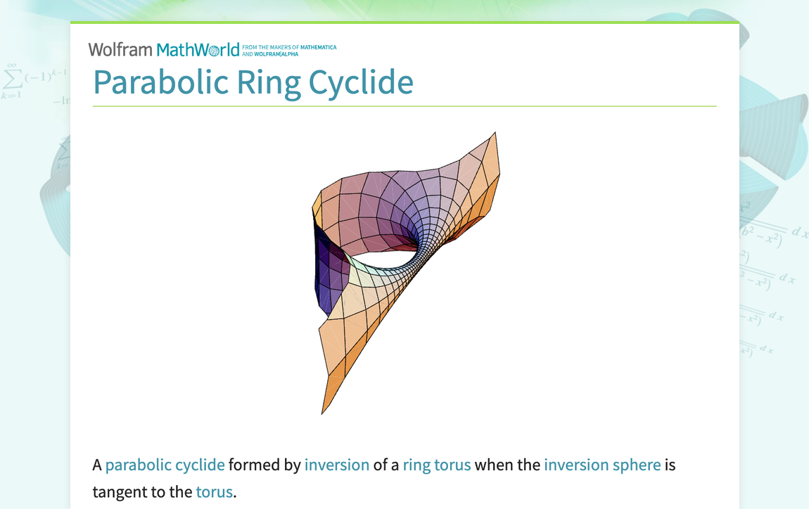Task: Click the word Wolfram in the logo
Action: pyautogui.click(x=120, y=50)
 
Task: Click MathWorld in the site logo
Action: pyautogui.click(x=198, y=50)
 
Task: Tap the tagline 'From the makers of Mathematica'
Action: pyautogui.click(x=288, y=47)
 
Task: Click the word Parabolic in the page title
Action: pyautogui.click(x=160, y=82)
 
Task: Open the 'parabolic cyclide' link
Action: pyautogui.click(x=165, y=465)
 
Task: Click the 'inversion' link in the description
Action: pyautogui.click(x=336, y=465)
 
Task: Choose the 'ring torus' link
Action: pyautogui.click(x=436, y=465)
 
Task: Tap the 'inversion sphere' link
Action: pyautogui.click(x=601, y=465)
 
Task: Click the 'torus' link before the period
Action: pyautogui.click(x=214, y=491)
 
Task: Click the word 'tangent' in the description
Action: pyautogui.click(x=118, y=491)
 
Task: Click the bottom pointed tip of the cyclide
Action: pyautogui.click(x=323, y=413)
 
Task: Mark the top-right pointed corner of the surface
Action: pyautogui.click(x=495, y=134)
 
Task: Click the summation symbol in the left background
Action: pyautogui.click(x=12, y=77)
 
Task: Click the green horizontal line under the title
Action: pyautogui.click(x=404, y=106)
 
